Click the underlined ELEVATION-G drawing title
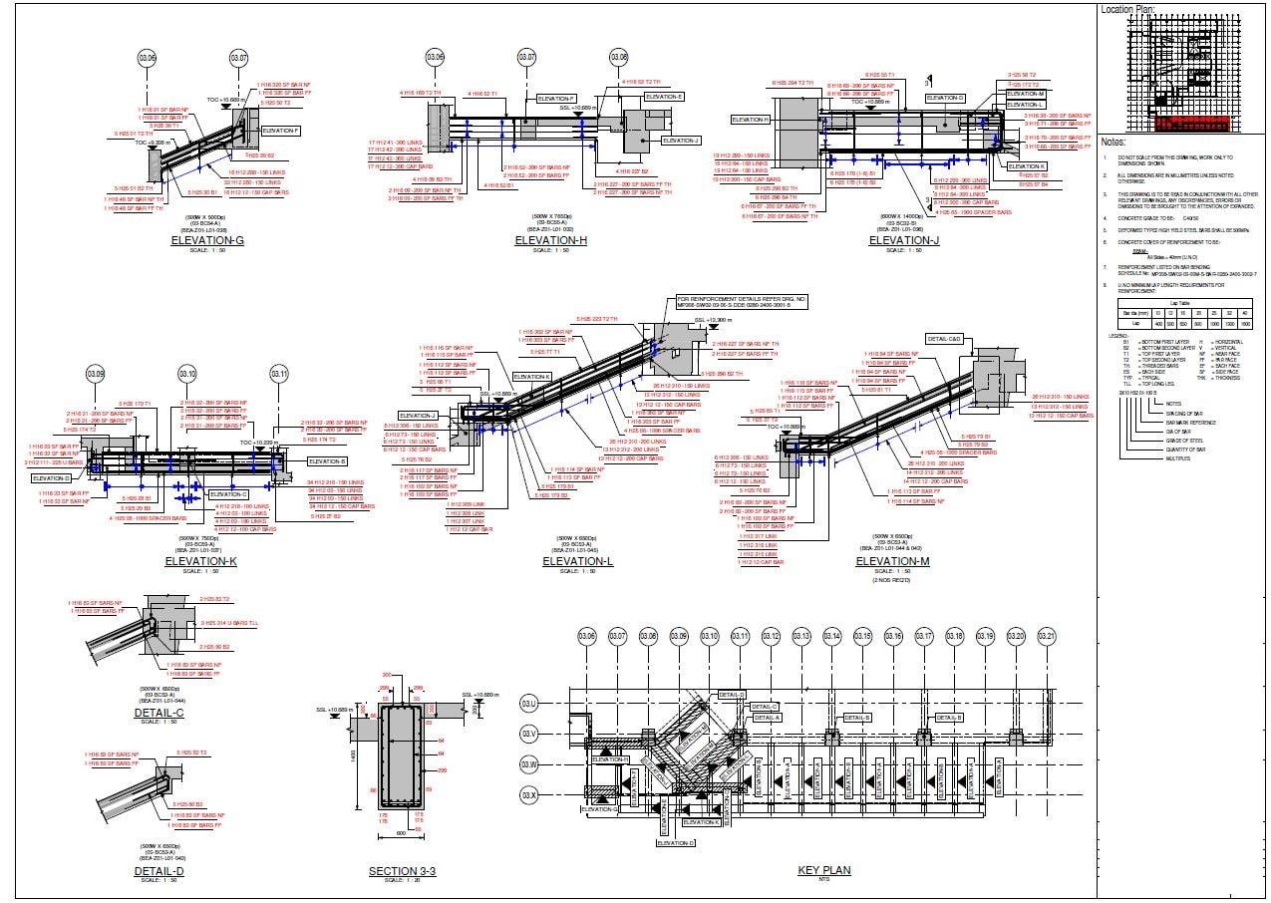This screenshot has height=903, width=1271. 207,241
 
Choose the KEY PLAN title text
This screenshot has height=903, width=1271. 824,870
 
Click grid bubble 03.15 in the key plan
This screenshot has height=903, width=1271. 862,637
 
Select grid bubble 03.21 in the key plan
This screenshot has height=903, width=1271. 1047,637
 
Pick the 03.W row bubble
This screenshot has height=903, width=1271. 529,764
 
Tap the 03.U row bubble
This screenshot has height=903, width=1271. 529,704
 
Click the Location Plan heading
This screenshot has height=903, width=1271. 1127,9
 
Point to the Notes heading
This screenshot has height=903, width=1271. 1114,142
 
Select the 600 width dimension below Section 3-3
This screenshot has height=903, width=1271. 402,831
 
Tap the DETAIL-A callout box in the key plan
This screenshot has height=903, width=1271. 768,718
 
